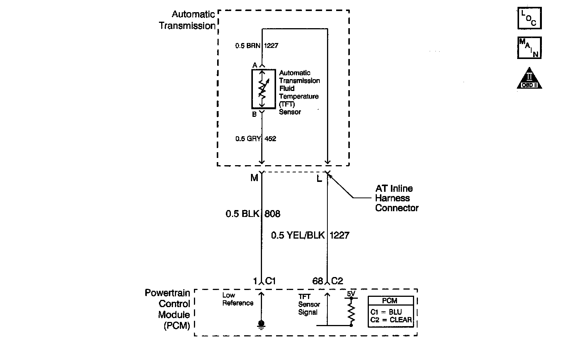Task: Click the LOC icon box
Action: (529, 18)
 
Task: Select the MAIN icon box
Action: (529, 48)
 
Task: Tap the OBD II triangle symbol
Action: (529, 79)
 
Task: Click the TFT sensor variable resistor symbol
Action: (263, 89)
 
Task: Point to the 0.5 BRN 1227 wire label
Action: (257, 46)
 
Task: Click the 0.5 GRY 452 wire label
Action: (256, 139)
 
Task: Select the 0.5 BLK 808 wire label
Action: (253, 214)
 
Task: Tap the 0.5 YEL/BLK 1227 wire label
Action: (310, 235)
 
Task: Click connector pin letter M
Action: (254, 178)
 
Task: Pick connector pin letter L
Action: (319, 178)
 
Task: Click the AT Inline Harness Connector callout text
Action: (396, 198)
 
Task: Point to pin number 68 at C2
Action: (318, 281)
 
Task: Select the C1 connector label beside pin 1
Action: (270, 281)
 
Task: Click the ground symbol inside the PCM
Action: (261, 324)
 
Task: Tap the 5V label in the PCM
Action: (351, 294)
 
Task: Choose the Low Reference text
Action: (238, 299)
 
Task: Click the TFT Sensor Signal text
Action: (309, 304)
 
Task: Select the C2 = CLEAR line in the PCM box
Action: (391, 320)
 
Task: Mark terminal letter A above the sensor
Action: (255, 65)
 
